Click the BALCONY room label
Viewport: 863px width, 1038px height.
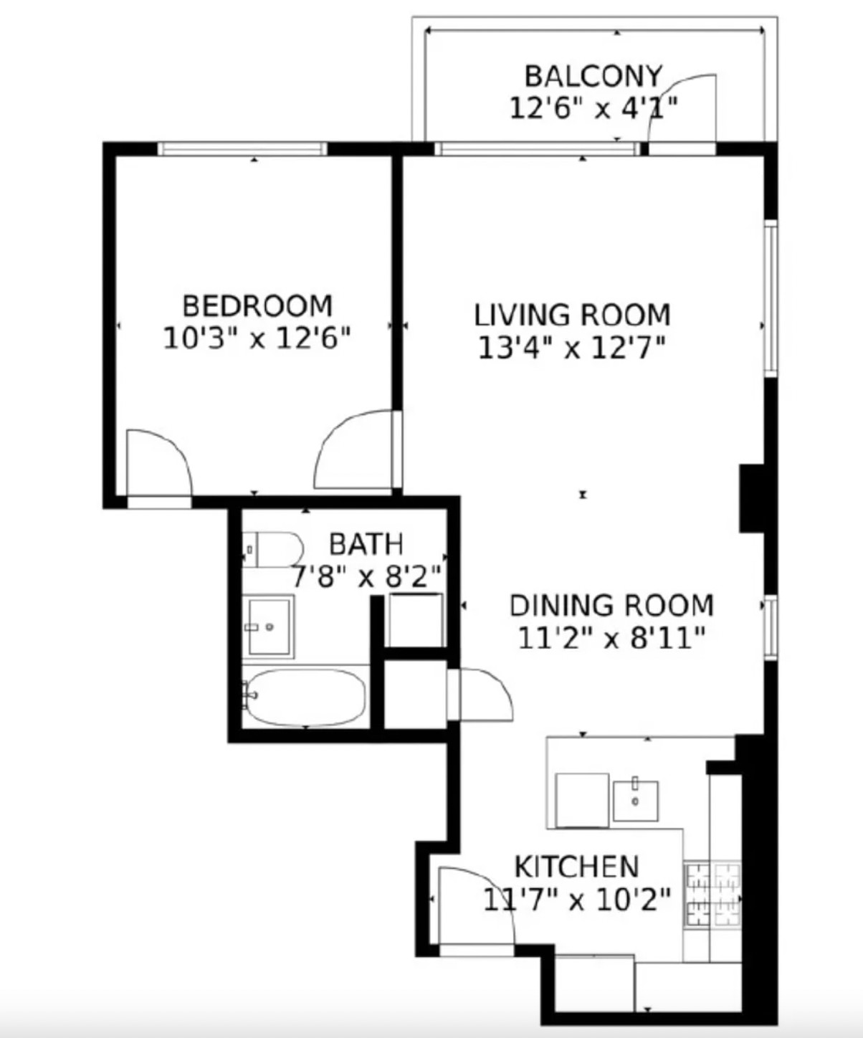(593, 77)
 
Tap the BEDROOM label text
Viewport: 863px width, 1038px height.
(257, 306)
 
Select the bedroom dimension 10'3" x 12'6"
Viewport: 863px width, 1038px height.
(257, 339)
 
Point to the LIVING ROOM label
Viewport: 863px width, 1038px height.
(572, 315)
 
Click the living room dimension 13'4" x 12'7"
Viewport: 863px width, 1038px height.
(572, 348)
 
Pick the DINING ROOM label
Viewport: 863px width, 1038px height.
(612, 606)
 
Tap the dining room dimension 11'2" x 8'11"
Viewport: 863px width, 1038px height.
(612, 638)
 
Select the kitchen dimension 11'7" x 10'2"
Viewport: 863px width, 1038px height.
(577, 900)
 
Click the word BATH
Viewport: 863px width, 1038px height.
(366, 544)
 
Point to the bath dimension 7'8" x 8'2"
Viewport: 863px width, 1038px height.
(366, 577)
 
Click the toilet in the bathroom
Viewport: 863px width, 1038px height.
(272, 549)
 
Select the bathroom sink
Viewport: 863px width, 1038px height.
(269, 627)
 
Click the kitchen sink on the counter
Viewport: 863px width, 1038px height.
(636, 801)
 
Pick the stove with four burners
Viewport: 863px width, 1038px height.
(713, 895)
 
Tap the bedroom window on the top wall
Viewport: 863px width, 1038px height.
(242, 148)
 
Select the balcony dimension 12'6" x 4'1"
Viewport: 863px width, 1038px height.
(593, 108)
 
